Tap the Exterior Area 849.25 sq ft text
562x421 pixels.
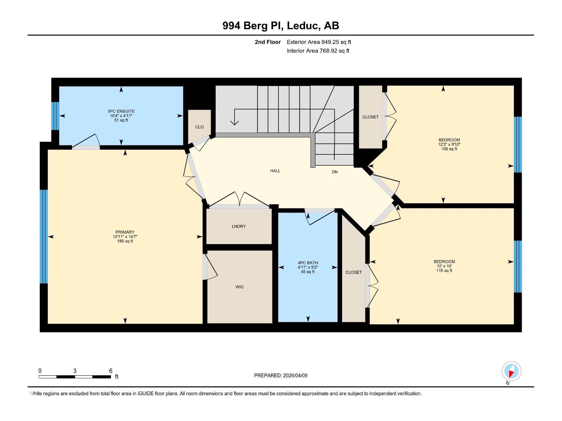coord(319,42)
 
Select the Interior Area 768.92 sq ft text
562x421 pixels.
coord(318,51)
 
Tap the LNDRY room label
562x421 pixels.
coord(239,226)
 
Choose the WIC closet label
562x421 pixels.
coord(240,287)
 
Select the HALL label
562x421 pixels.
coord(275,171)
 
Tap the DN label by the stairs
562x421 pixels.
coord(335,172)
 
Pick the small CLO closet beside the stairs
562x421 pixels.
coord(200,127)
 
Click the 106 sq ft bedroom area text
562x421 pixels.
coord(449,149)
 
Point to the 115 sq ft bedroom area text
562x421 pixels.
coord(444,270)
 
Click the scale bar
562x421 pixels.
coord(75,377)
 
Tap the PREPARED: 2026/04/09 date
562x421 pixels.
coord(281,375)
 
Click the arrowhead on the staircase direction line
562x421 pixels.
coord(235,122)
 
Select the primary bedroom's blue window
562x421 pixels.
coord(44,236)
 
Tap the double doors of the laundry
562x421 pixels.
coord(239,200)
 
